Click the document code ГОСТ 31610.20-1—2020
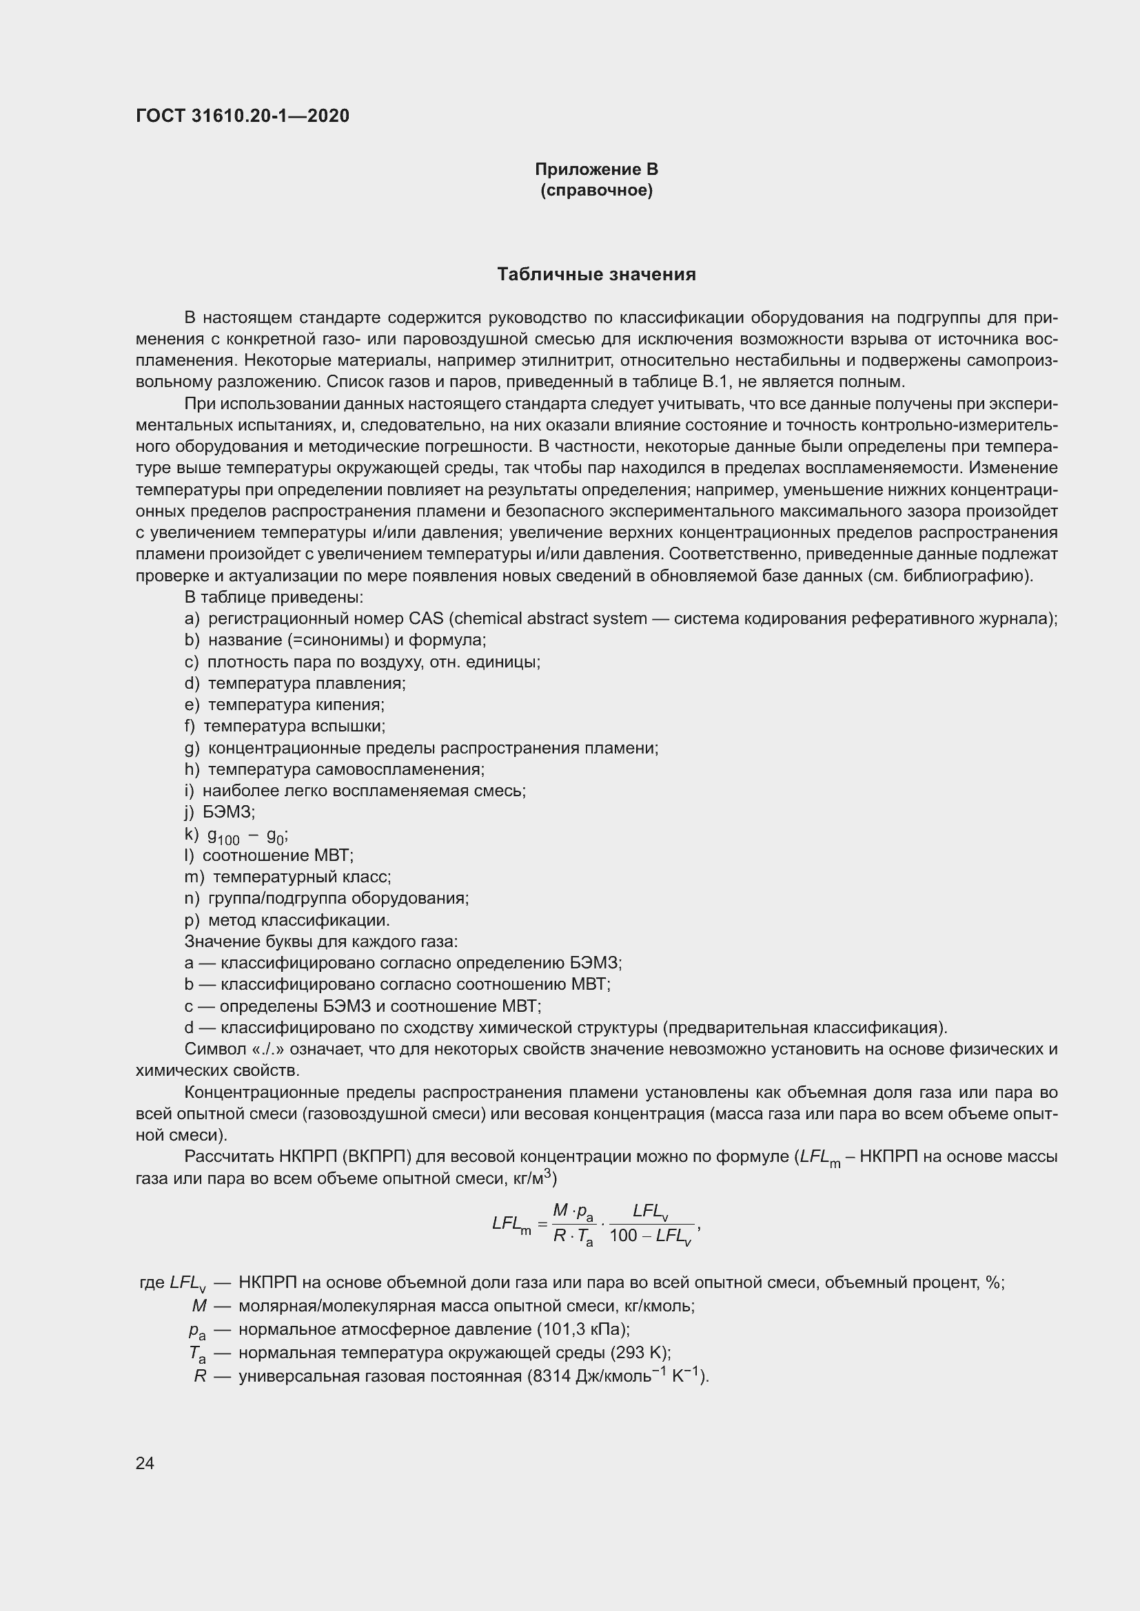coord(242,116)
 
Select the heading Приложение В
coord(596,169)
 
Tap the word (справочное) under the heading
coord(596,191)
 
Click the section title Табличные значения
coord(596,274)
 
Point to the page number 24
coord(145,1463)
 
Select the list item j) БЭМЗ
coord(220,812)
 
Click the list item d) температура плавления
coord(295,683)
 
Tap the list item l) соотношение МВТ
coord(269,855)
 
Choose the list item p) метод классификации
coord(287,920)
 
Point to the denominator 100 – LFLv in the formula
coord(650,1256)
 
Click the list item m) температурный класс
coord(288,877)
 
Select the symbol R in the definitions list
coord(200,1377)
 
